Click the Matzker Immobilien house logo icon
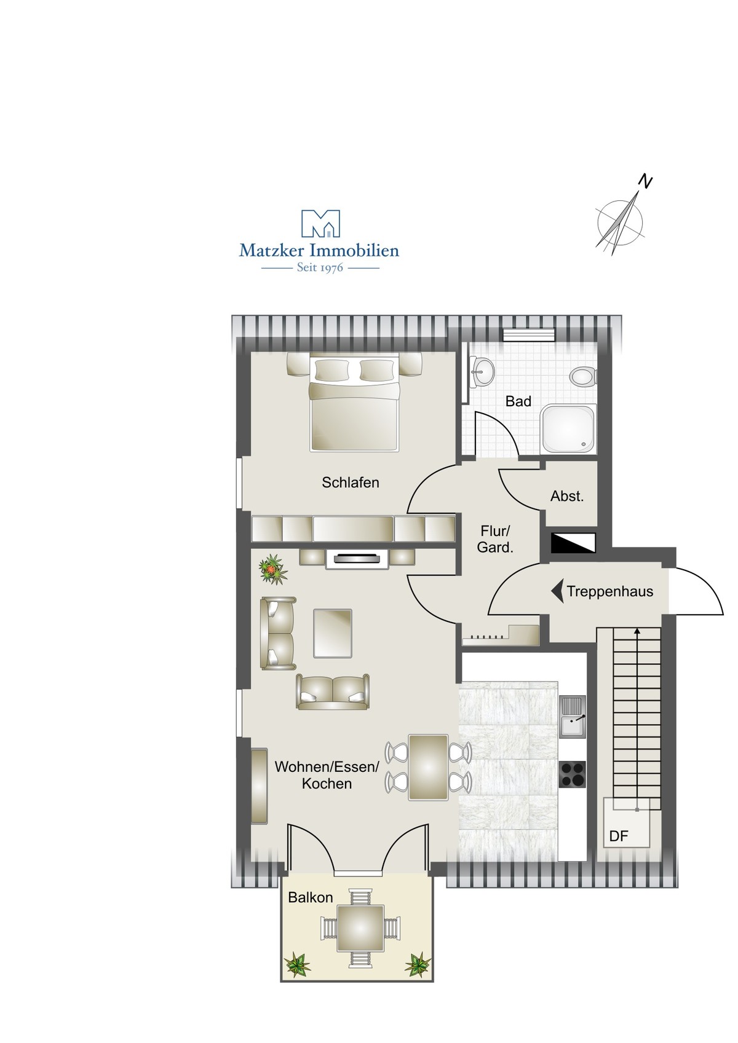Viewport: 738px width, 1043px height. pos(320,224)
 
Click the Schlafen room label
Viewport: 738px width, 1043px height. pos(351,482)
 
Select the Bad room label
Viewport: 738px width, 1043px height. pos(518,401)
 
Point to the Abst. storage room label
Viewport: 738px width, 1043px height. pos(567,496)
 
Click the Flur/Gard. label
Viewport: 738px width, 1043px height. pos(495,539)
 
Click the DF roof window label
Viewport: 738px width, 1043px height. pos(619,836)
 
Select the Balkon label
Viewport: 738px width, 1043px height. pos(311,897)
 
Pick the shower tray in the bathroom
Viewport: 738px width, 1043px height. pos(568,429)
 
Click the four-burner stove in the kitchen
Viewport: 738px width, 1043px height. pos(572,774)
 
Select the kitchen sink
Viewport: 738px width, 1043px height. pos(573,723)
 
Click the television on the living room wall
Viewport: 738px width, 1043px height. pos(357,558)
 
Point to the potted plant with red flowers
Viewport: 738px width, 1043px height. pos(273,568)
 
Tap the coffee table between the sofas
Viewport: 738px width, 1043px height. pos(333,633)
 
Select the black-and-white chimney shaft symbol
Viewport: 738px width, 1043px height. pos(573,543)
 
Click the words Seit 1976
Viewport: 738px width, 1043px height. pos(320,268)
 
